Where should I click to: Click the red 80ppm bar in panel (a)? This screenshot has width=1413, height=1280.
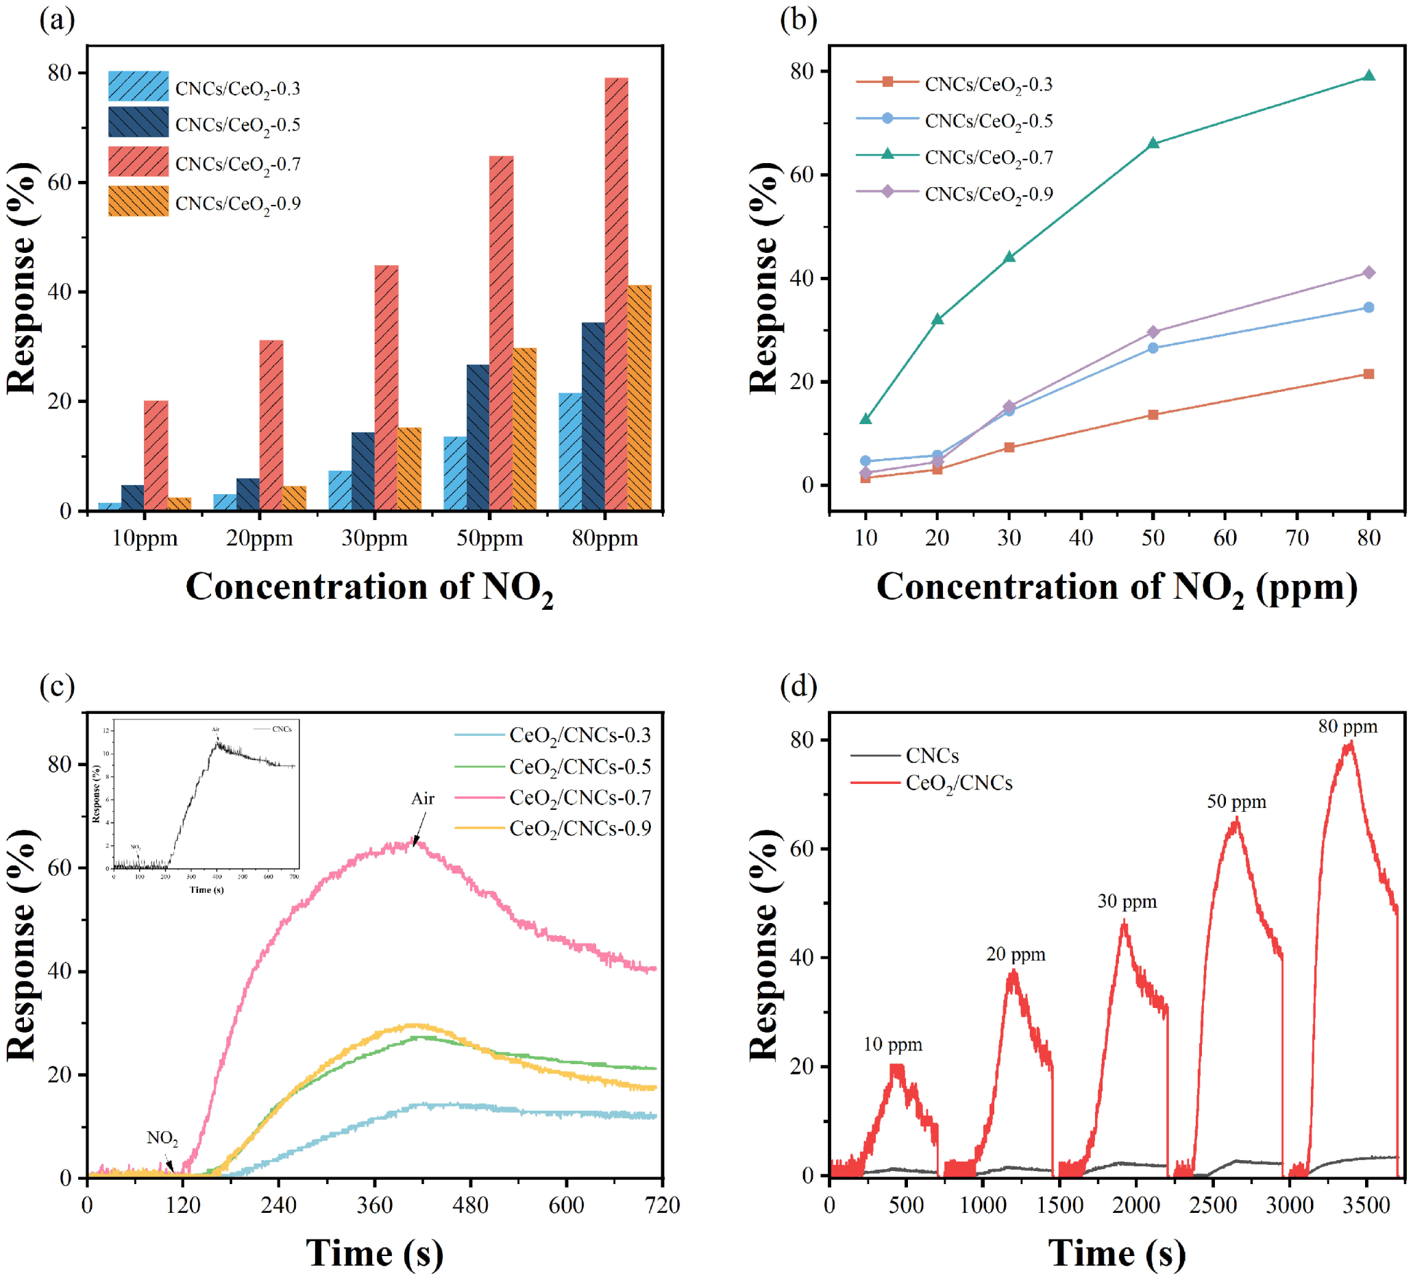tap(615, 295)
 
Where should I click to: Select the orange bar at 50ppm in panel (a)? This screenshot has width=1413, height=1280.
tap(524, 429)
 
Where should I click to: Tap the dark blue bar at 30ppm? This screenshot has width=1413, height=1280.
tap(363, 471)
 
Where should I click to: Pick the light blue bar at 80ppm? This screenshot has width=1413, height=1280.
tap(570, 452)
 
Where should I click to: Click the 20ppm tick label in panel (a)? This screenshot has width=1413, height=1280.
tap(259, 539)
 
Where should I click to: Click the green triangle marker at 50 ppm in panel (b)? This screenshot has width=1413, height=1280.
tap(1153, 144)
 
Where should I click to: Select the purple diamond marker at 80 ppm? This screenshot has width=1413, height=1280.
tap(1368, 272)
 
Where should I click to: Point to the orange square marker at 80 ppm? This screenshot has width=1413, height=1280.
tap(1368, 373)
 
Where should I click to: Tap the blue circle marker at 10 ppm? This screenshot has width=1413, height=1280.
tap(865, 460)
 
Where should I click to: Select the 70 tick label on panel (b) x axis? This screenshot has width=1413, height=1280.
tap(1297, 538)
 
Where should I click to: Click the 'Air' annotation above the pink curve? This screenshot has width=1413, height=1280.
tap(423, 798)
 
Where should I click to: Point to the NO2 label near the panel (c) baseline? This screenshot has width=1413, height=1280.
tap(162, 1137)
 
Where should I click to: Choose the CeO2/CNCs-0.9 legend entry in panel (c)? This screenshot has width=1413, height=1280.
tap(580, 828)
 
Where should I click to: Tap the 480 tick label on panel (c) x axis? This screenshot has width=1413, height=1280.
tap(470, 1206)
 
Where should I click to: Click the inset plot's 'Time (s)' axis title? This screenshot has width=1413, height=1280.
tap(206, 889)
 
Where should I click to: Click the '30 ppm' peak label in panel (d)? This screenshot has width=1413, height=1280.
tap(1127, 902)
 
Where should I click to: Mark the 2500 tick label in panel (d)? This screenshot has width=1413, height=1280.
tap(1212, 1206)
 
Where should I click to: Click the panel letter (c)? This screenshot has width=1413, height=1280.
tap(58, 687)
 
